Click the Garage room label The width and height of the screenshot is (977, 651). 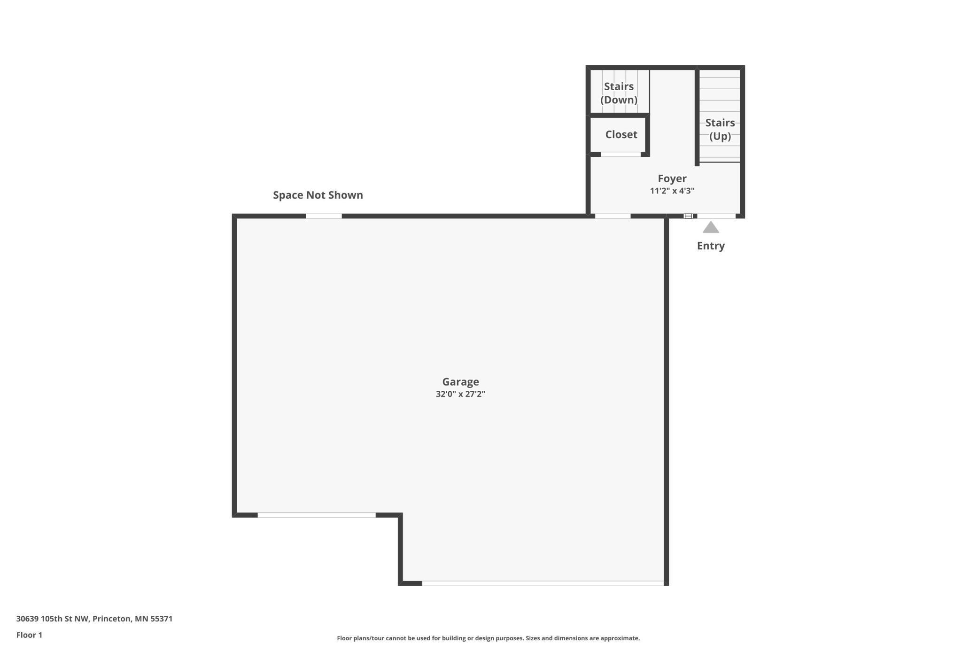point(460,382)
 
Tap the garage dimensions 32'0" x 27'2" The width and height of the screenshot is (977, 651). point(460,394)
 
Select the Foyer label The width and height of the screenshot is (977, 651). point(672,178)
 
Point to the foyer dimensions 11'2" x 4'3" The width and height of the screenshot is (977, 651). point(672,191)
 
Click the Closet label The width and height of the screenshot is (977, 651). point(621,135)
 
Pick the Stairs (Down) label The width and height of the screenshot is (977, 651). point(619,93)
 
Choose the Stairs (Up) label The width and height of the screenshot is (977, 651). point(720,129)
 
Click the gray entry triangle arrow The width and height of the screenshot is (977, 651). point(711,228)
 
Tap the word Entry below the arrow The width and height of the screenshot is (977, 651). point(711,246)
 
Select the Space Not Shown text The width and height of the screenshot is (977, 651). point(318,195)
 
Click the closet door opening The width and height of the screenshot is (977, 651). point(620,155)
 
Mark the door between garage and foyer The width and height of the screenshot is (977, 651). point(613,216)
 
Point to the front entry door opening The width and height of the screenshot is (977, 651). point(716,216)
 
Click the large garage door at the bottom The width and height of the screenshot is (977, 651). point(543,583)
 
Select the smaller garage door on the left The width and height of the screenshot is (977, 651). point(317,515)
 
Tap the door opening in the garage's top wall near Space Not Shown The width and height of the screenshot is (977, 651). point(324,216)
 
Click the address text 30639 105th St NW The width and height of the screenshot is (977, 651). point(94,619)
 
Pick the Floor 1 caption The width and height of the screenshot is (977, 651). point(29,635)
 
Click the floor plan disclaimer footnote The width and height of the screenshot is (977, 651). point(488,638)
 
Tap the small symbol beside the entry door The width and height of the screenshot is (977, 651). point(688,216)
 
